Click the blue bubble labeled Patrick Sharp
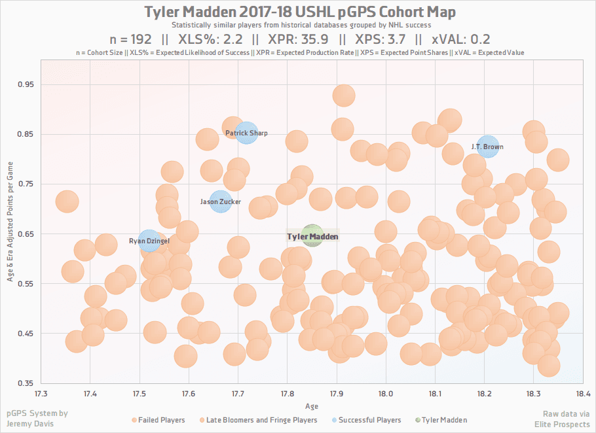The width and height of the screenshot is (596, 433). point(246,133)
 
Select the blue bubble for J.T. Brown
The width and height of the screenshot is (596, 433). point(487,147)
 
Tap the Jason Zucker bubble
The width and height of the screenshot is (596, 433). point(221,201)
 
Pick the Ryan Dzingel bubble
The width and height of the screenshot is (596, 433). point(149,241)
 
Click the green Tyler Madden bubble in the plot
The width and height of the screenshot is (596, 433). point(312,235)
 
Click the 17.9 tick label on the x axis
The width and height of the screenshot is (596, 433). point(337,393)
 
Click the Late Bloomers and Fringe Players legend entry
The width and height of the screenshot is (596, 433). point(262,420)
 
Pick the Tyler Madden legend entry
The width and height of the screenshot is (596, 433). point(445,420)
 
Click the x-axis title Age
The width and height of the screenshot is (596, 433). point(312,406)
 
